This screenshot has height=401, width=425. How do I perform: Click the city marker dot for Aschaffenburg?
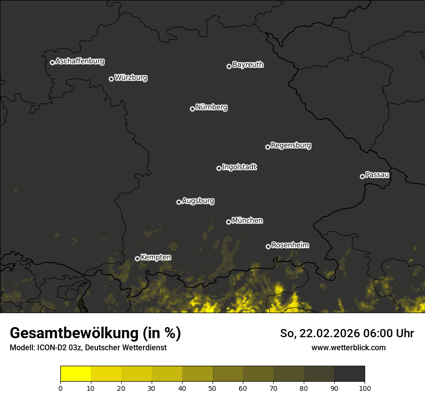(x=52, y=62)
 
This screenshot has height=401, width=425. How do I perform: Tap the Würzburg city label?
(x=131, y=78)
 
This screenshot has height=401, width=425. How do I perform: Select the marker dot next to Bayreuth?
(x=229, y=66)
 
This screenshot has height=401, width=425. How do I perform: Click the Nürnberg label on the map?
(x=212, y=107)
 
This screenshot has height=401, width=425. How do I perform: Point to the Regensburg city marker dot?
(x=268, y=147)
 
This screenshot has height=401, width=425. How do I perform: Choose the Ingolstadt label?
(x=240, y=167)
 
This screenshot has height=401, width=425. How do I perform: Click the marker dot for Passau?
(x=362, y=176)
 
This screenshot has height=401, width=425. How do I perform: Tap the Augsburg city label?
(x=198, y=201)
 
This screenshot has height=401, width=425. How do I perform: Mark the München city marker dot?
(x=228, y=222)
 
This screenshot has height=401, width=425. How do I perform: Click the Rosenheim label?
(x=290, y=245)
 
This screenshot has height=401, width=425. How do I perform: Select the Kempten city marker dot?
(x=137, y=258)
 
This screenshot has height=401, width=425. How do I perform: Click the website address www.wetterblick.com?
(x=348, y=347)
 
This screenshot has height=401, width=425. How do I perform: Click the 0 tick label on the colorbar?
(x=60, y=388)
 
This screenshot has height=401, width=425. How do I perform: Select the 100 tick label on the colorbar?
(x=365, y=388)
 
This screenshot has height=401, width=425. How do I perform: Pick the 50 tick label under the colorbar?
(x=212, y=388)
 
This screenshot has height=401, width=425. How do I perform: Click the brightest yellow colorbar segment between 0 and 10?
(x=75, y=374)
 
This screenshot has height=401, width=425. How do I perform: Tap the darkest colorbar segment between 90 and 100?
(x=349, y=374)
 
